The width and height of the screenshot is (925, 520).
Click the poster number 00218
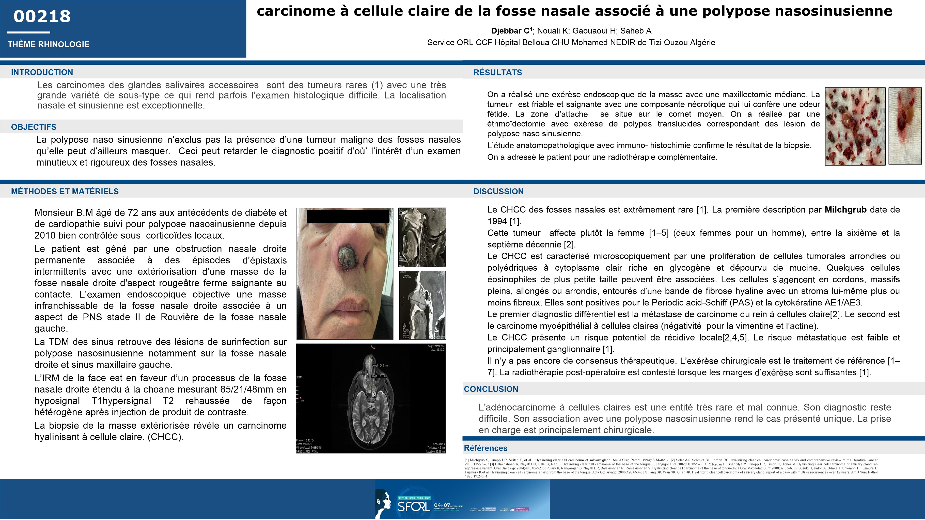tap(42, 17)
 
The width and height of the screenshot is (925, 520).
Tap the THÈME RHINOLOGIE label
tap(49, 44)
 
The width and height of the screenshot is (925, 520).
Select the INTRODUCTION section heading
tap(42, 72)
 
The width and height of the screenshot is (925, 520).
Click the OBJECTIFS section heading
tap(34, 127)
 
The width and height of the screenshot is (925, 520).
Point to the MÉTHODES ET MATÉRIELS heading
tap(65, 191)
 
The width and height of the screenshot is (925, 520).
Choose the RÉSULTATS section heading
tap(498, 72)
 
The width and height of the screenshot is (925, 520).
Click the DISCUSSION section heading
tap(498, 191)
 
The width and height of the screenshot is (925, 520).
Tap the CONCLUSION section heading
tap(491, 389)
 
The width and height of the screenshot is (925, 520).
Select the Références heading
tap(485, 448)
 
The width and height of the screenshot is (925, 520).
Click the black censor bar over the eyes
tap(348, 216)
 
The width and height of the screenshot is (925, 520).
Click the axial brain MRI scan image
tap(371, 398)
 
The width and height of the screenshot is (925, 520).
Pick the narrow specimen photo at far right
tap(905, 126)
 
